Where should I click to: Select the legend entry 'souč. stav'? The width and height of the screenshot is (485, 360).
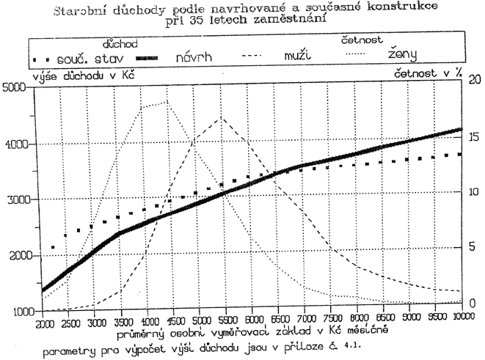[x=95, y=56]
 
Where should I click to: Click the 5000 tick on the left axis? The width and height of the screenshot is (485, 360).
[x=14, y=87]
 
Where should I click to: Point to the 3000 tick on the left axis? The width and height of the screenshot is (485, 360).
[x=14, y=199]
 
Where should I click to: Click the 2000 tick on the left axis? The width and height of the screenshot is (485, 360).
[x=14, y=256]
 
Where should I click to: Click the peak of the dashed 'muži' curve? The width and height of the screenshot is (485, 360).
[x=221, y=118]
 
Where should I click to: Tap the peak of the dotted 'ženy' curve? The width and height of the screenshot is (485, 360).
[x=167, y=102]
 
